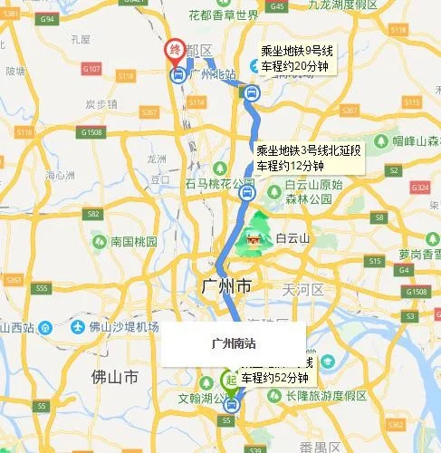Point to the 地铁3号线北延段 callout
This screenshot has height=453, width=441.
(x=308, y=157)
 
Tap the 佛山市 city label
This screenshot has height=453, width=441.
(x=116, y=374)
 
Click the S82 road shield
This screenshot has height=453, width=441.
(x=92, y=215)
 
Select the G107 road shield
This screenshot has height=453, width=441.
(x=91, y=69)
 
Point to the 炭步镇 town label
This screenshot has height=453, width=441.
(x=101, y=103)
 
